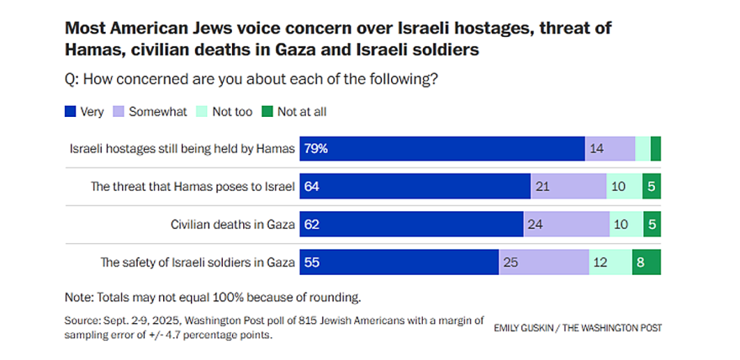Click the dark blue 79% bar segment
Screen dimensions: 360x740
click(x=442, y=148)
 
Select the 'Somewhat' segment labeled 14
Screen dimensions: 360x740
click(x=610, y=148)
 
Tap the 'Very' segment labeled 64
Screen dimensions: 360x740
click(x=415, y=186)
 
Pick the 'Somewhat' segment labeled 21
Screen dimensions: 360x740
click(x=568, y=186)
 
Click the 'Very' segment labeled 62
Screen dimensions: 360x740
click(x=412, y=224)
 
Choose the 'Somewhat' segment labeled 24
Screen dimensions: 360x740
click(x=566, y=224)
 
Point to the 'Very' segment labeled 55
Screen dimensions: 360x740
click(x=399, y=262)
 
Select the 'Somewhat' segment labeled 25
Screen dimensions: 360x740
click(x=543, y=262)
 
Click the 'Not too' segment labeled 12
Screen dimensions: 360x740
click(x=610, y=262)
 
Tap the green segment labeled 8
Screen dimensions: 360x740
click(x=646, y=262)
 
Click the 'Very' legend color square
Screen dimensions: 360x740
click(x=70, y=111)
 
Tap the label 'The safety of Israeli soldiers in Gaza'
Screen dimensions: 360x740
click(x=198, y=262)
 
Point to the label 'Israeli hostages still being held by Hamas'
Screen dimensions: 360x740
click(x=182, y=149)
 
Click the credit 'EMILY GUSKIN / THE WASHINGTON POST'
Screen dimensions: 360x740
click(x=577, y=328)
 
